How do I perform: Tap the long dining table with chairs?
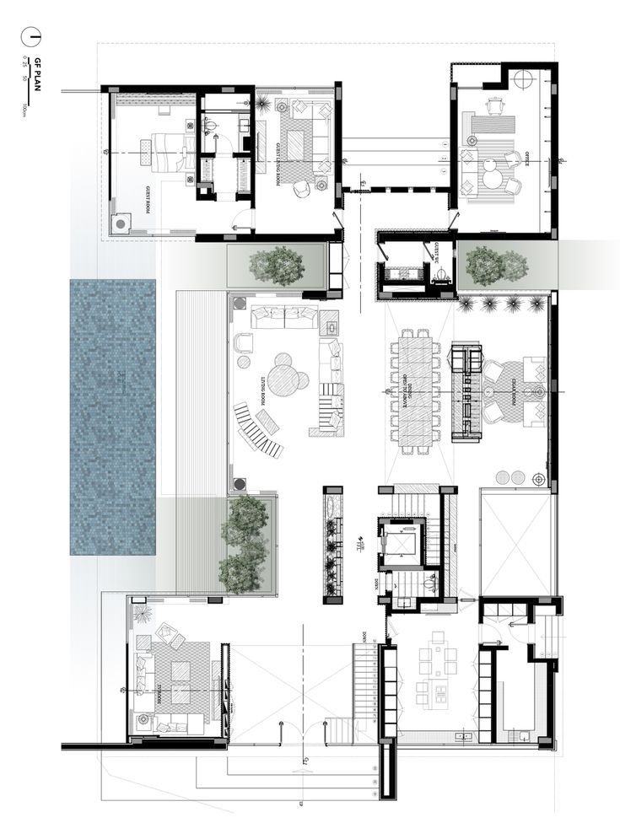pyautogui.click(x=414, y=390)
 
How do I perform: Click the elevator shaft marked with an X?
pyautogui.click(x=399, y=546)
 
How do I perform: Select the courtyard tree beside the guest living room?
pyautogui.click(x=276, y=265)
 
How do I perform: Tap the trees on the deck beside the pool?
pyautogui.click(x=244, y=544)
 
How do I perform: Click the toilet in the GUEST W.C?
pyautogui.click(x=441, y=274)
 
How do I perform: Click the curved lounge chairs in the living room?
pyautogui.click(x=257, y=429)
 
